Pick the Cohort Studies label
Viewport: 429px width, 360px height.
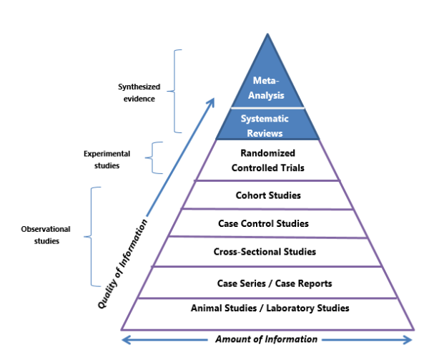point(267,195)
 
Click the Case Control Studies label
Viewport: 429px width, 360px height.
point(264,223)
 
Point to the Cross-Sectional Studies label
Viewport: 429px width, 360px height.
point(265,252)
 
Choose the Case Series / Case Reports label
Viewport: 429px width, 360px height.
point(265,283)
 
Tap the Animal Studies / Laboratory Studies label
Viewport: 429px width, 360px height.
point(270,308)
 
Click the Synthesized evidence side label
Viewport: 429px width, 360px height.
point(139,92)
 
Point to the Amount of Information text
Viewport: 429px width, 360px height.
point(266,339)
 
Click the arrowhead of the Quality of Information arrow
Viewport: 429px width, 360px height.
point(212,102)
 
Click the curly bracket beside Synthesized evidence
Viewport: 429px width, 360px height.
point(177,91)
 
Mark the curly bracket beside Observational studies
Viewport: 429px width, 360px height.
point(92,235)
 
